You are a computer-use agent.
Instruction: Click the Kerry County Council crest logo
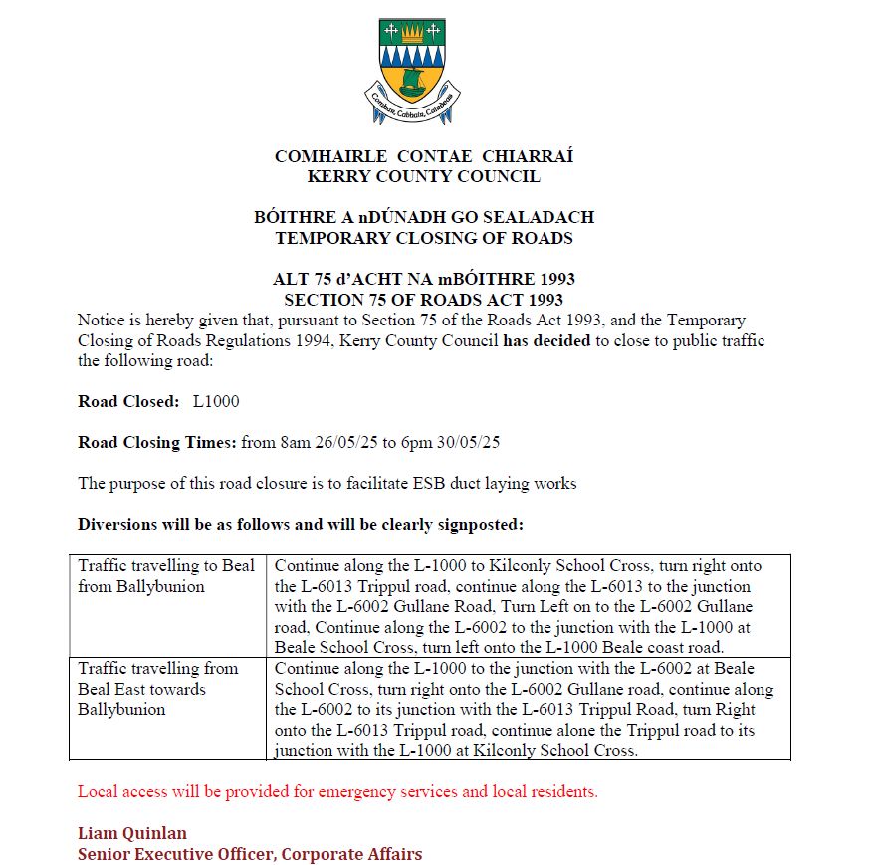click(412, 72)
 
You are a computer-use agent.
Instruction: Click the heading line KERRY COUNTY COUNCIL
click(424, 177)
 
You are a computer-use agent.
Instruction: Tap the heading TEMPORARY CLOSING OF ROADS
click(424, 238)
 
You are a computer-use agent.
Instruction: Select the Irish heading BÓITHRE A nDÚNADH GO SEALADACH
click(424, 217)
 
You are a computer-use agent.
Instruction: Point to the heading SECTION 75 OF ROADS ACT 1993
click(424, 299)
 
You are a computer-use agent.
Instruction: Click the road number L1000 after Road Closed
click(216, 402)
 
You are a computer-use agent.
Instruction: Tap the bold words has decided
click(547, 340)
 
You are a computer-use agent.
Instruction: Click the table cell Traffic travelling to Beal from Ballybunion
click(166, 576)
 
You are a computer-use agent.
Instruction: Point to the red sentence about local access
click(338, 793)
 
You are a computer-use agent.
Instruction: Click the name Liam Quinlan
click(132, 833)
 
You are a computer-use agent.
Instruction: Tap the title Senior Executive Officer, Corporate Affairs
click(250, 854)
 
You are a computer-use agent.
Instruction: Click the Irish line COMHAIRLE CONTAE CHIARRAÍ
click(424, 156)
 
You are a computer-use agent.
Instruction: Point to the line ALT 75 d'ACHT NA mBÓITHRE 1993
click(424, 279)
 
